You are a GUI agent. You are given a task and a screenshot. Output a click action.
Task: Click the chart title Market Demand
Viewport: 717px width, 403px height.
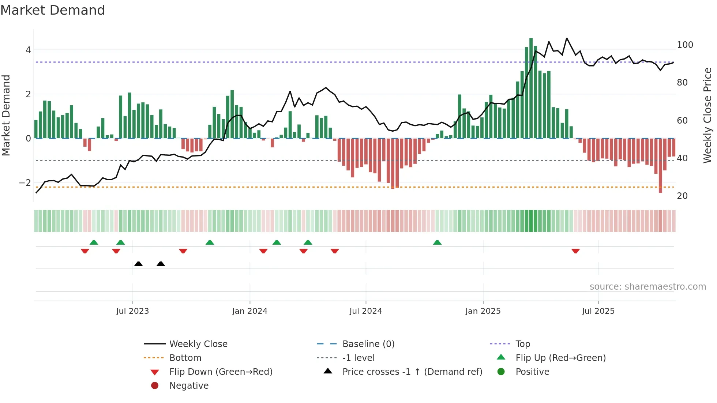point(53,10)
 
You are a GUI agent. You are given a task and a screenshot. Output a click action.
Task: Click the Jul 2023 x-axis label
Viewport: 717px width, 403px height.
point(132,311)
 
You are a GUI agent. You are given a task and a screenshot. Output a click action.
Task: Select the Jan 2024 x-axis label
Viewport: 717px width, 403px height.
point(249,311)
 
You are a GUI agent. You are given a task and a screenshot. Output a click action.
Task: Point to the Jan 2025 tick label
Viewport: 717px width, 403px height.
point(483,311)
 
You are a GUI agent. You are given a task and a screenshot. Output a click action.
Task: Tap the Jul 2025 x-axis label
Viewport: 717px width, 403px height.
point(598,311)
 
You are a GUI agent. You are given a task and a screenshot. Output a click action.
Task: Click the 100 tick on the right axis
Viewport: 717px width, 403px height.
point(685,45)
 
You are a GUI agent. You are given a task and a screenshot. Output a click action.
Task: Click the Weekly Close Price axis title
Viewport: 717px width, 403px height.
point(707,115)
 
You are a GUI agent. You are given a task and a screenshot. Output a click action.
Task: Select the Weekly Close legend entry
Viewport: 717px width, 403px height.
point(198,344)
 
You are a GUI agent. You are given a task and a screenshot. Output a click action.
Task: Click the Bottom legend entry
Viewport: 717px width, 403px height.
point(185,358)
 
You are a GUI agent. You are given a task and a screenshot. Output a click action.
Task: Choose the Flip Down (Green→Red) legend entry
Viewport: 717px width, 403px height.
point(221,372)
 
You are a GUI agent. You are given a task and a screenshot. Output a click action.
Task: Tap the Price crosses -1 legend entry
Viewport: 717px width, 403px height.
point(412,372)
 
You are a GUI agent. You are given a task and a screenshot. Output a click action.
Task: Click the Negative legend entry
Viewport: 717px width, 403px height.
point(189,386)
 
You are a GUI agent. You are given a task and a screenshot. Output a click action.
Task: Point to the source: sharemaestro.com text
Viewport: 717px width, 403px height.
point(647,287)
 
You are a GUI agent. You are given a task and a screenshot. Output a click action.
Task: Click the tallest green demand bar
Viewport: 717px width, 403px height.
point(531,88)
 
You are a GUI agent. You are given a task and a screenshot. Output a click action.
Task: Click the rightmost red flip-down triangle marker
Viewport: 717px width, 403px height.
point(575,251)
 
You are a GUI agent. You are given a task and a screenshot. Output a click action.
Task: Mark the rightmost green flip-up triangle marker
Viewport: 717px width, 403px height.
point(437,242)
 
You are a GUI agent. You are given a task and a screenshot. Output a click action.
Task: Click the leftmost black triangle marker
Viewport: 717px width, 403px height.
point(138,264)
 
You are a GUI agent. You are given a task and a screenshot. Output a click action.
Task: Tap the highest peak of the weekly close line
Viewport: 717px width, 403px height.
point(567,38)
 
